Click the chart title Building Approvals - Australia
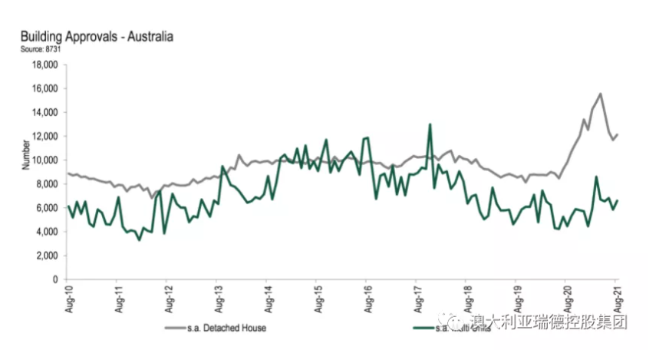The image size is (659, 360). tap(96, 36)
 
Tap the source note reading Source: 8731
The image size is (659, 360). tap(41, 48)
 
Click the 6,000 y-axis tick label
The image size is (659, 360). tap(47, 208)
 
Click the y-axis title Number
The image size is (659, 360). tap(25, 154)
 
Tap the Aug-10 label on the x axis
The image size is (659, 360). tap(68, 296)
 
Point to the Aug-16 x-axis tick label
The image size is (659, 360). tap(367, 296)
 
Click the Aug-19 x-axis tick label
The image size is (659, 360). tap(516, 296)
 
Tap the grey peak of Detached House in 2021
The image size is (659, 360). tap(600, 94)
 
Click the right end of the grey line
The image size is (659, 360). tap(618, 134)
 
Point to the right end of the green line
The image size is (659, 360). tap(618, 200)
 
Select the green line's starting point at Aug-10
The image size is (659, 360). tap(68, 206)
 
